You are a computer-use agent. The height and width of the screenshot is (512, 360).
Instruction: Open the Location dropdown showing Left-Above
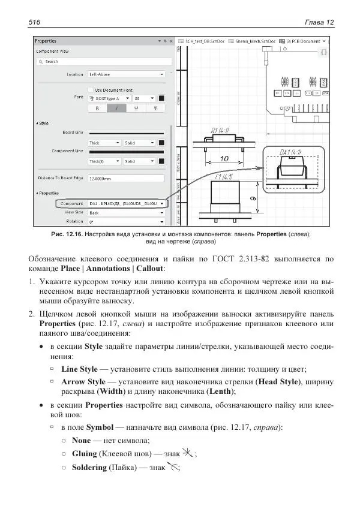pyautogui.click(x=126, y=74)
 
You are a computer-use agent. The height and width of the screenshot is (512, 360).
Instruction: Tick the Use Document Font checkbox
pyautogui.click(x=91, y=89)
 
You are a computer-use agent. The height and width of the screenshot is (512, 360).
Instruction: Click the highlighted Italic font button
pyautogui.click(x=116, y=109)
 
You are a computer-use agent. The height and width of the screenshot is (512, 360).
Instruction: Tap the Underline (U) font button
pyautogui.click(x=136, y=109)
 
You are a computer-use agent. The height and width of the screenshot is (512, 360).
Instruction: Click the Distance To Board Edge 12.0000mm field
pyautogui.click(x=126, y=179)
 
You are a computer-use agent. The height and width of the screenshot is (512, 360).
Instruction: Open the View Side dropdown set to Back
pyautogui.click(x=126, y=212)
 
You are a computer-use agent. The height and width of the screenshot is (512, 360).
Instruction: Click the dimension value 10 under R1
pyautogui.click(x=223, y=159)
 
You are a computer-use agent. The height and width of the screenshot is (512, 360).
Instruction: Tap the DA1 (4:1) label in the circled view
pyautogui.click(x=291, y=152)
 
